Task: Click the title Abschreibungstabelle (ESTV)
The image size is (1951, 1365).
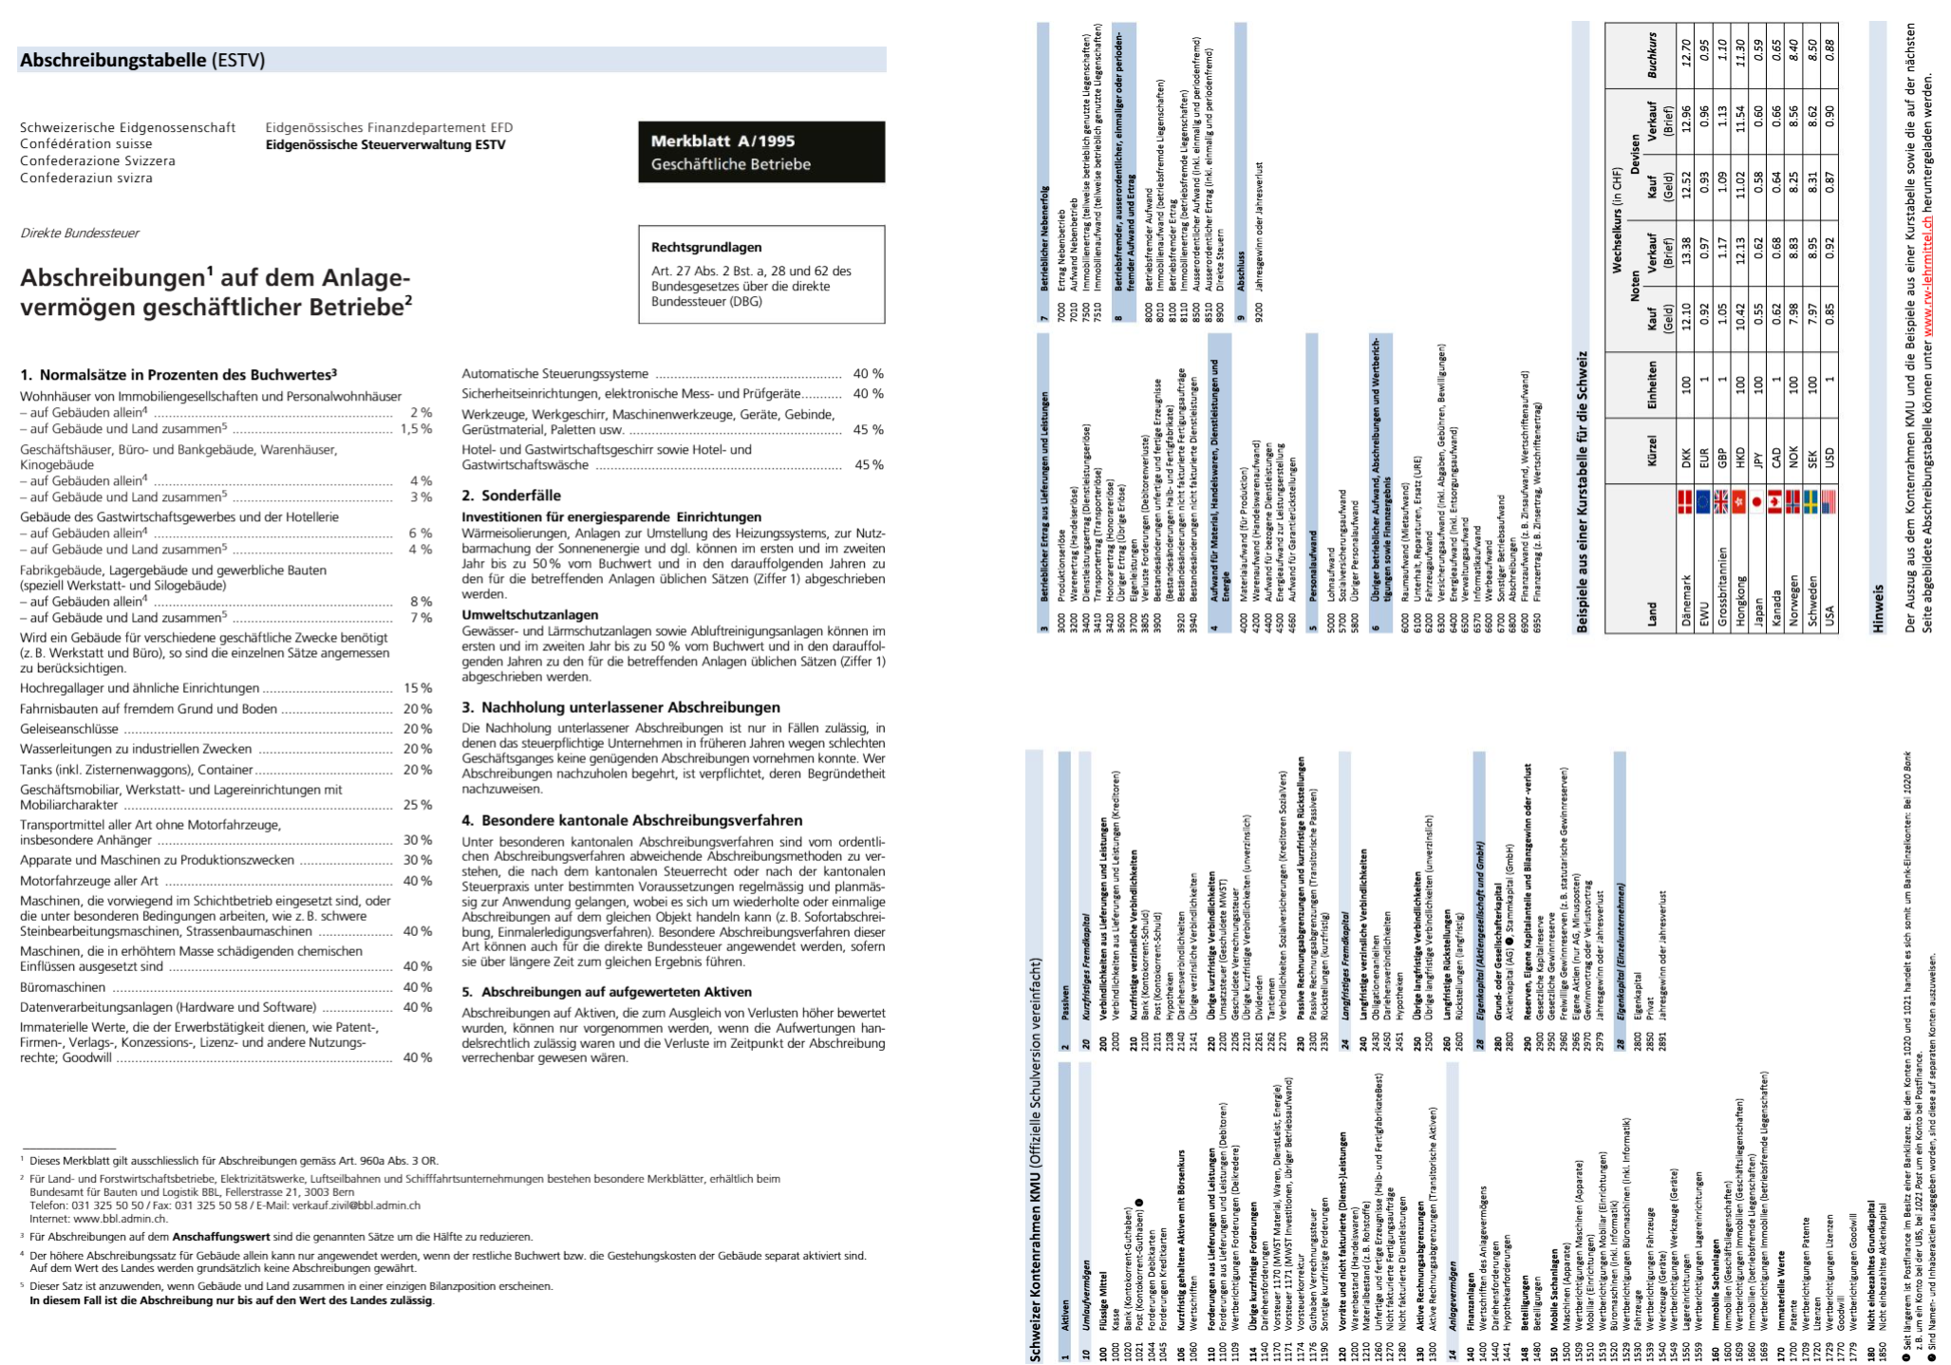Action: [x=142, y=60]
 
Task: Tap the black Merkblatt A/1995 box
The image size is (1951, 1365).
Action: [x=760, y=152]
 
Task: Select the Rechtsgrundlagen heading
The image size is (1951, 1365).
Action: [x=705, y=247]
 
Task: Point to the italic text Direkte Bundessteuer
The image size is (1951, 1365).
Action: [x=80, y=233]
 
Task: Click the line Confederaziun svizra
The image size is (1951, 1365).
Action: [x=86, y=178]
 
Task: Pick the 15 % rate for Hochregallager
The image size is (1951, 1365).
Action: [x=417, y=688]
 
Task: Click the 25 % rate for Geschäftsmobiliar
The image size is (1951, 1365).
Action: [x=417, y=805]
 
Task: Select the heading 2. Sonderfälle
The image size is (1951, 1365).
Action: [x=511, y=496]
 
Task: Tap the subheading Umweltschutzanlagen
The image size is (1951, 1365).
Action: [x=530, y=615]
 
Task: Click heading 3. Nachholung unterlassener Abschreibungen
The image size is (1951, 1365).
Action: [x=621, y=707]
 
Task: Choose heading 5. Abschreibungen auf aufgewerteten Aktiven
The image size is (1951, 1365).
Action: [x=607, y=992]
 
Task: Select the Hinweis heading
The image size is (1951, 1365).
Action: [x=1878, y=608]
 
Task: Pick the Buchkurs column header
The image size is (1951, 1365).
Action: [x=1652, y=55]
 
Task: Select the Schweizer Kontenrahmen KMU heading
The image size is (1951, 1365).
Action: [x=1036, y=1158]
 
